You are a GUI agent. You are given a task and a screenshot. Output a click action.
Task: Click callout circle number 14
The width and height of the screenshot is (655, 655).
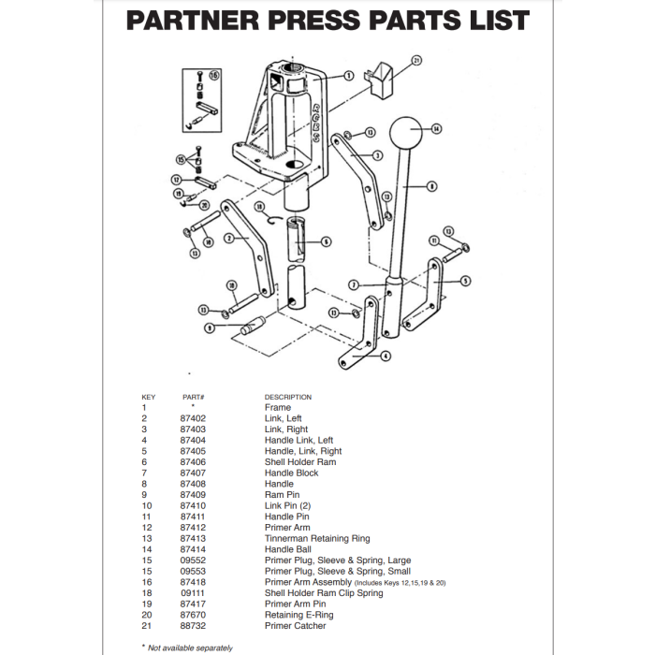[x=436, y=128]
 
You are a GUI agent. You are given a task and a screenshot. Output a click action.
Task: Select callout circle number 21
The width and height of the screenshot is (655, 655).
[x=417, y=61]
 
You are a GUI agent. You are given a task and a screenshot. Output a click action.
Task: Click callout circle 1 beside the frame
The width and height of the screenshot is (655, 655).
[x=348, y=76]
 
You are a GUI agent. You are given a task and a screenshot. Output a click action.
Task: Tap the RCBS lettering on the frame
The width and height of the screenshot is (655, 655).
[x=315, y=120]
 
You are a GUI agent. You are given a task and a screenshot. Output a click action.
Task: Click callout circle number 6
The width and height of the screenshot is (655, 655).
[x=326, y=241]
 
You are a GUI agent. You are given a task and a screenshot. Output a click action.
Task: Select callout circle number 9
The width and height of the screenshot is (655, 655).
[x=211, y=327]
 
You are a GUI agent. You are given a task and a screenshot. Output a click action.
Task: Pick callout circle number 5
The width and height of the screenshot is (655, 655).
[x=466, y=280]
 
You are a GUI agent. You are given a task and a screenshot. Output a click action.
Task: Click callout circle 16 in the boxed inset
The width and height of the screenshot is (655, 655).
[x=214, y=75]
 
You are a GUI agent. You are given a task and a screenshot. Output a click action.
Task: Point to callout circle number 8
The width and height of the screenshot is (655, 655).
[x=431, y=186]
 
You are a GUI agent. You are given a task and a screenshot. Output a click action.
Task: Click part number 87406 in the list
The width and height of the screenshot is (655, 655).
[x=193, y=462]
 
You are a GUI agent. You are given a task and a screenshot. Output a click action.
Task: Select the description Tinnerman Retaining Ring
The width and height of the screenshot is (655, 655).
[x=316, y=539]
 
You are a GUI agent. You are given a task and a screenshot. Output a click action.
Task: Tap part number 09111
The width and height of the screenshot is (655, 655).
[x=193, y=593]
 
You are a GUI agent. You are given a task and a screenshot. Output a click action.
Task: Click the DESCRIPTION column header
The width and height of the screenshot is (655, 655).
[x=288, y=398]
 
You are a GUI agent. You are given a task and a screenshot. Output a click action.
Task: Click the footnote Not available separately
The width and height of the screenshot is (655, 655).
[x=190, y=648]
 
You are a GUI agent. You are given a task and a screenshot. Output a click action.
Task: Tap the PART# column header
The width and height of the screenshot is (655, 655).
[x=194, y=398]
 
